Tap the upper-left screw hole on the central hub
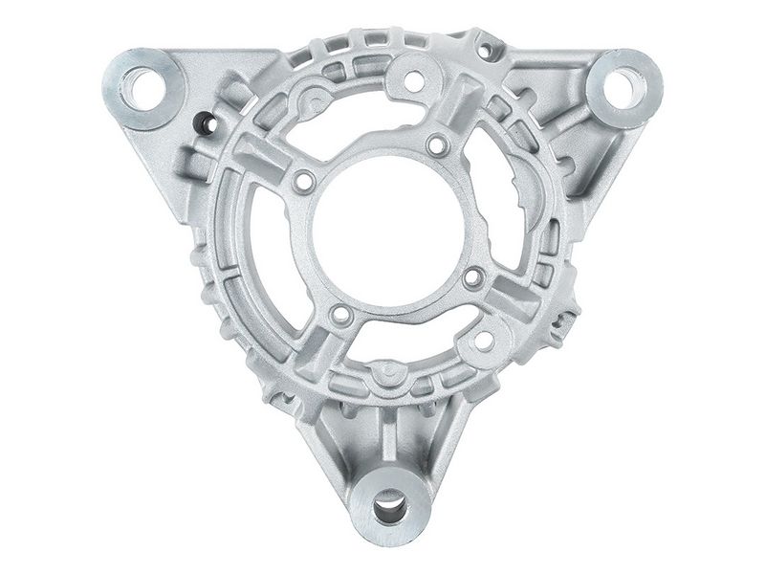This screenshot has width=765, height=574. pos(304,181)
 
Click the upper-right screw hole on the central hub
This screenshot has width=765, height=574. pos(437,145)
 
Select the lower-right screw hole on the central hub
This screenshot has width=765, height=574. pos(473,278)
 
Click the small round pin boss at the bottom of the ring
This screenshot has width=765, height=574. pos(380,368)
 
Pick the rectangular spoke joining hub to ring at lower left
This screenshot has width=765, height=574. pos(306,354)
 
